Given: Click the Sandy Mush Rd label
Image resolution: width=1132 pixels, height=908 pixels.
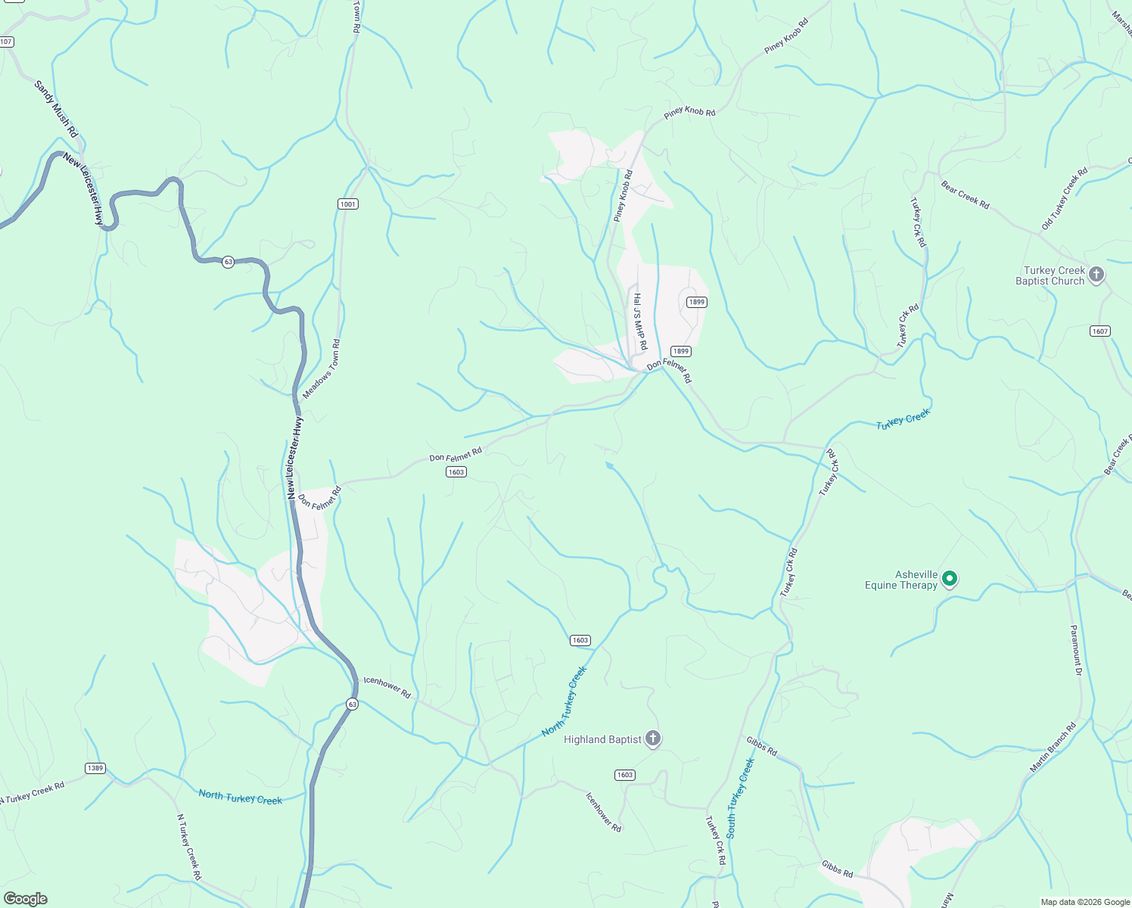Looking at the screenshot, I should click(56, 109).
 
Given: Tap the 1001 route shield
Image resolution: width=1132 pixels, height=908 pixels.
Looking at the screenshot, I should click(348, 204).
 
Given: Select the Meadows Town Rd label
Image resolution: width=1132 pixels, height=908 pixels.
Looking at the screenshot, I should click(322, 369).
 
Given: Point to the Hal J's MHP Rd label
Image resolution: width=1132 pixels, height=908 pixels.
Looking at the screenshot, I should click(640, 322).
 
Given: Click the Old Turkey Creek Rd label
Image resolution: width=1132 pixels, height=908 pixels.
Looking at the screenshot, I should click(1064, 198).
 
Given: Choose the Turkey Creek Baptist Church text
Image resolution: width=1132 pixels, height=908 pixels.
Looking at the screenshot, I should click(1050, 275).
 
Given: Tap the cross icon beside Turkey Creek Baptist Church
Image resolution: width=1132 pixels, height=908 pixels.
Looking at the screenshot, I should click(1096, 275).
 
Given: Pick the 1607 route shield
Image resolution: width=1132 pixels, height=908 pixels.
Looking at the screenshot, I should click(1100, 331).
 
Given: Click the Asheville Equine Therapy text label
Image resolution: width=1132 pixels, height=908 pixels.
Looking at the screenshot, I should click(901, 580).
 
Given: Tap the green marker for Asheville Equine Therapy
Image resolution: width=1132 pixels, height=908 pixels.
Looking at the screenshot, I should click(950, 579).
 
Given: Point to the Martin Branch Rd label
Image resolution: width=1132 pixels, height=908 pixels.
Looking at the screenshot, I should click(1053, 748).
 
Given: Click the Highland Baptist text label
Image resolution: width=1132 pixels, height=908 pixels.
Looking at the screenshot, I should click(602, 739).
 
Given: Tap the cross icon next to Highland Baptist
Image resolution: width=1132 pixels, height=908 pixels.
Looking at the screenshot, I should click(653, 739).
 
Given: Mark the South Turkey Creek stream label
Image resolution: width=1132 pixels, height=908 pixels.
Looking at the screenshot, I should click(740, 798).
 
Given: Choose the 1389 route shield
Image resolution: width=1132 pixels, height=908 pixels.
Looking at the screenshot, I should click(95, 768).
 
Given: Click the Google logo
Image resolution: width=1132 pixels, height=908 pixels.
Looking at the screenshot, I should click(26, 899).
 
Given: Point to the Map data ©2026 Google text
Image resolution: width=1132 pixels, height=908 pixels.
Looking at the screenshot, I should click(1084, 902).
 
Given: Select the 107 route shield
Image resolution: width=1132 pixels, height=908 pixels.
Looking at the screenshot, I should click(6, 42).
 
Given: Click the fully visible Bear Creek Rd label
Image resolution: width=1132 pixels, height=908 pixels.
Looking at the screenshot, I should click(965, 194).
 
